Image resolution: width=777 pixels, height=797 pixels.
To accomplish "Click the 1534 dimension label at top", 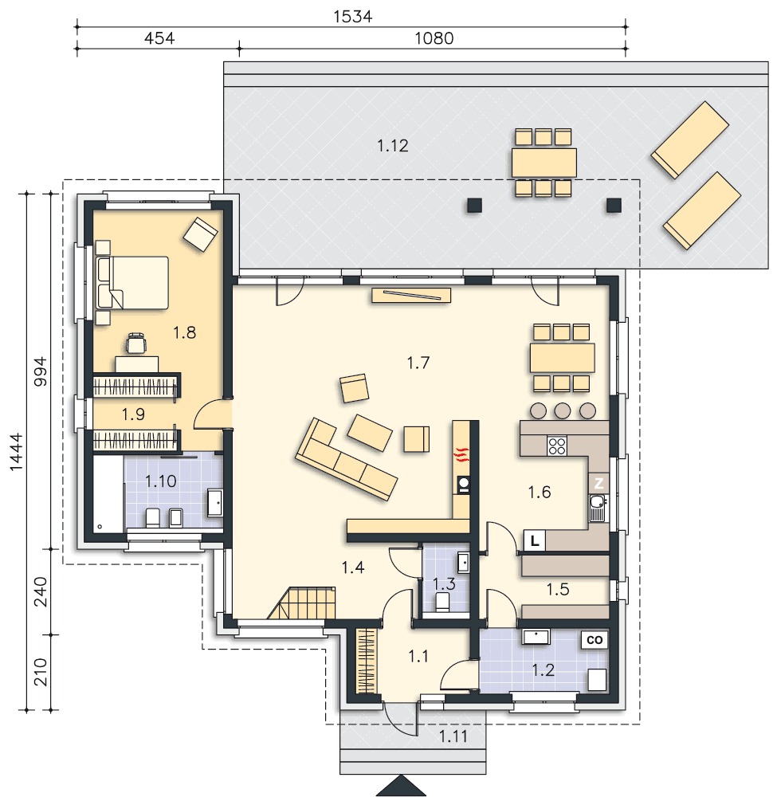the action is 353,16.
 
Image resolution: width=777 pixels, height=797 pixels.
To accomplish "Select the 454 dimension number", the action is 159,38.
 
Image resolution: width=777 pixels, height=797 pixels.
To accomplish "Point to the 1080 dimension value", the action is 434,38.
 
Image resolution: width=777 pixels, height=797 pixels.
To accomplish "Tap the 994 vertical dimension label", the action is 40,371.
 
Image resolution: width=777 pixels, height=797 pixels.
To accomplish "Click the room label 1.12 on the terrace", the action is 392,146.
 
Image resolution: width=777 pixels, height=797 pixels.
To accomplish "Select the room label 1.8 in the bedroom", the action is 184,332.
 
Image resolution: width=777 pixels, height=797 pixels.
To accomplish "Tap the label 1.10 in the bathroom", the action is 161,481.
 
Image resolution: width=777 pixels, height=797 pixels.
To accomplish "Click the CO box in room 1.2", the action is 594,640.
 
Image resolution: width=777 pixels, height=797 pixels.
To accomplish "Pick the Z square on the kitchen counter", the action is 598,483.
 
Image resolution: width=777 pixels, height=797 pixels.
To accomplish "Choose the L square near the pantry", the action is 534,541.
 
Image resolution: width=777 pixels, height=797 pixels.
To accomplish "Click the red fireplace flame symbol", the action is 461,454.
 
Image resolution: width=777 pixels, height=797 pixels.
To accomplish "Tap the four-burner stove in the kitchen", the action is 557,446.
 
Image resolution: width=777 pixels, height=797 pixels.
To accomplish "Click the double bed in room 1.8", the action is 133,283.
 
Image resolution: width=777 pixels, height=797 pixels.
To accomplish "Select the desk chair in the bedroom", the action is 135,343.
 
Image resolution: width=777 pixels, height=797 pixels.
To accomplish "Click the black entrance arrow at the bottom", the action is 401,786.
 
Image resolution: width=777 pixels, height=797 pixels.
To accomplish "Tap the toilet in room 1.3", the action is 442,601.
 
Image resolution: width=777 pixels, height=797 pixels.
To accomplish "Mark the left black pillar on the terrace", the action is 474,206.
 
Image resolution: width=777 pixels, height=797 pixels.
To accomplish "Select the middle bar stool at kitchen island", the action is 563,410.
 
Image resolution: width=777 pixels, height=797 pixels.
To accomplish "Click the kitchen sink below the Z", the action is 597,508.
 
